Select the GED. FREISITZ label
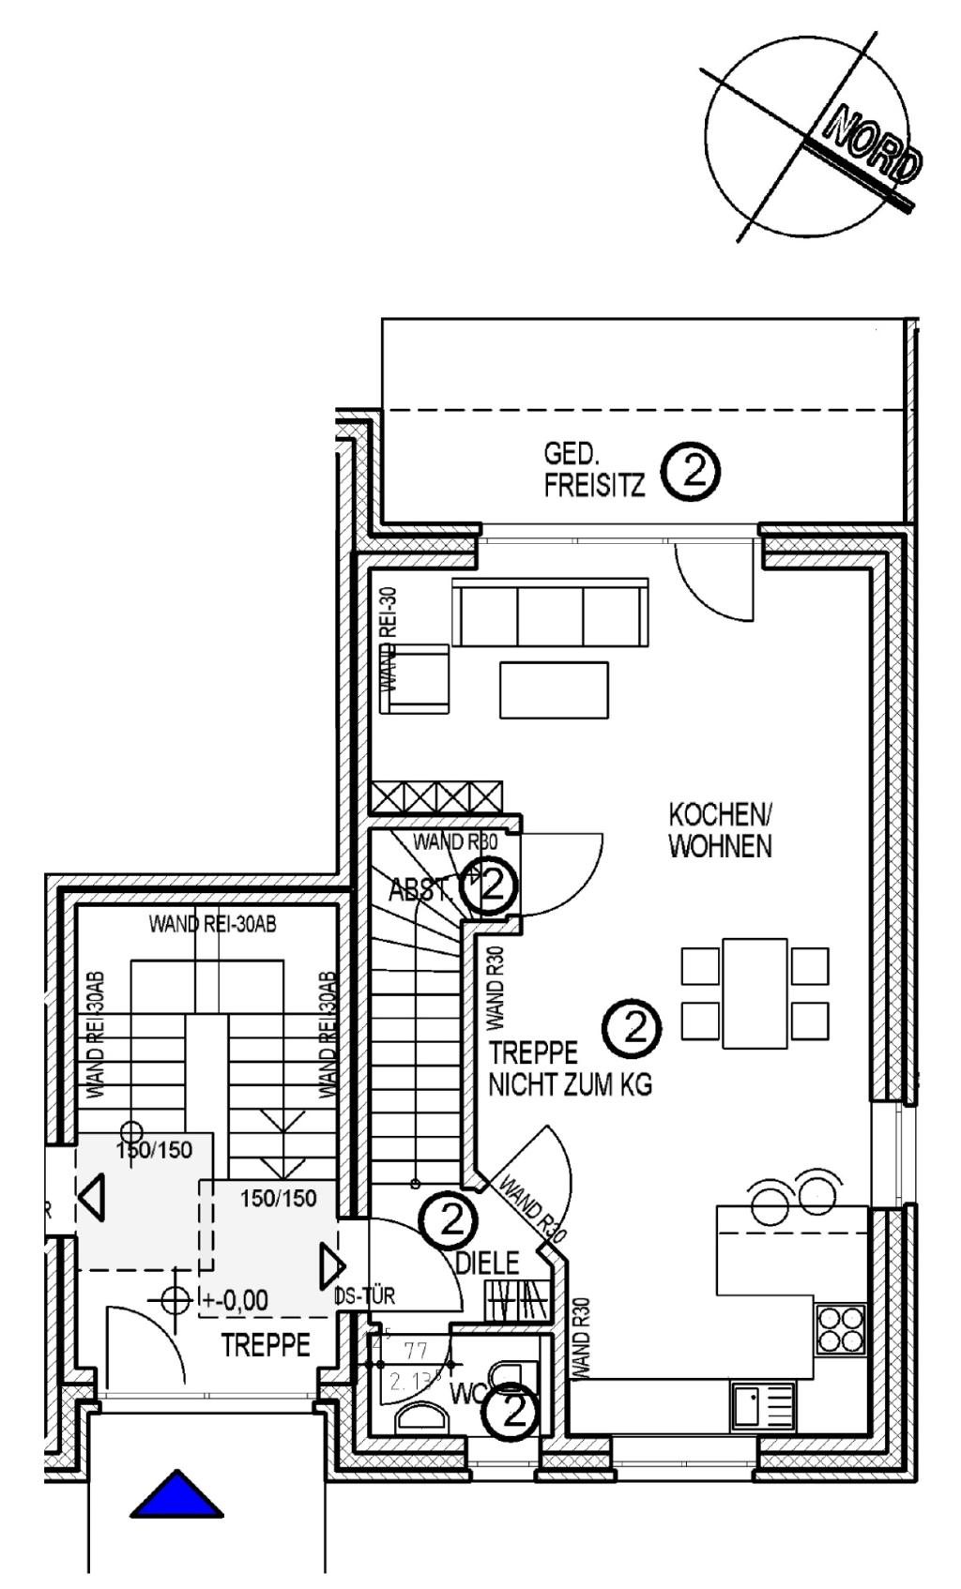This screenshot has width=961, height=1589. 594,470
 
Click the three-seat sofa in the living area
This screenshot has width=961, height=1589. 550,613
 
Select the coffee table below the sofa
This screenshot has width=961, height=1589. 554,689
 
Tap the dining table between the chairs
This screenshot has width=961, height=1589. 755,993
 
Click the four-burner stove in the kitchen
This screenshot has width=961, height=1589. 840,1329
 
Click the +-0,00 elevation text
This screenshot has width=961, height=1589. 235,1300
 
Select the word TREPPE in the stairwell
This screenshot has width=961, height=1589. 266,1345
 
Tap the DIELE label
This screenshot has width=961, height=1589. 487,1263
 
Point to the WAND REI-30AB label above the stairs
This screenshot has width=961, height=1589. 213,924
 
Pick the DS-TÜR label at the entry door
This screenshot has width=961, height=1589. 367,1296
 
